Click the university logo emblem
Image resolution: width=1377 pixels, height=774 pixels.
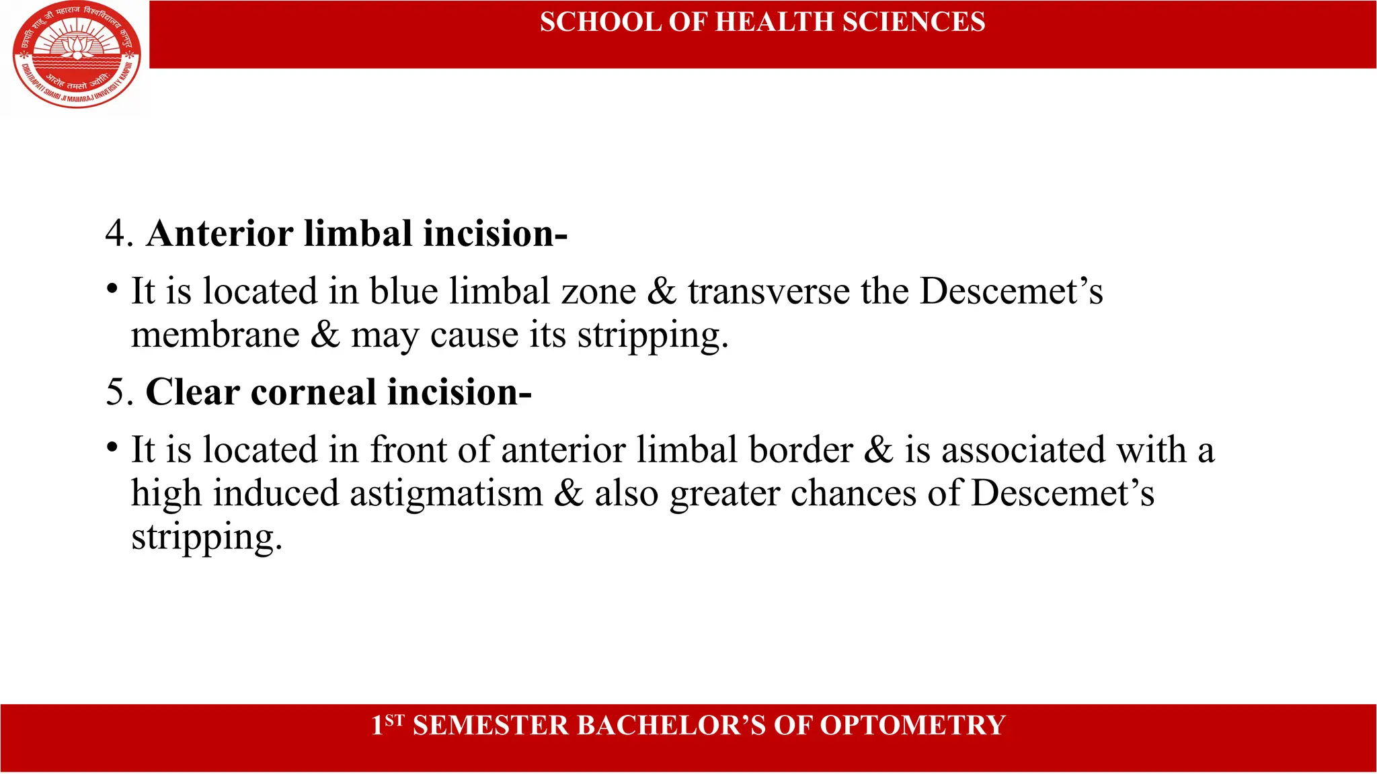click(x=77, y=55)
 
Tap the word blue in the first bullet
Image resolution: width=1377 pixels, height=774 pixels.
click(x=403, y=292)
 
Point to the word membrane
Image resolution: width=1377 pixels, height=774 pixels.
click(x=215, y=335)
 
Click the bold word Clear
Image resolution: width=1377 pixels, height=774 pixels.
click(x=193, y=392)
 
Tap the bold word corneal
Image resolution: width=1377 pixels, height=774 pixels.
click(x=313, y=392)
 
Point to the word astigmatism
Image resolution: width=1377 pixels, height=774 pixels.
click(x=446, y=494)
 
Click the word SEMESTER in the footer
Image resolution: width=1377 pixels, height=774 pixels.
click(x=490, y=726)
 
